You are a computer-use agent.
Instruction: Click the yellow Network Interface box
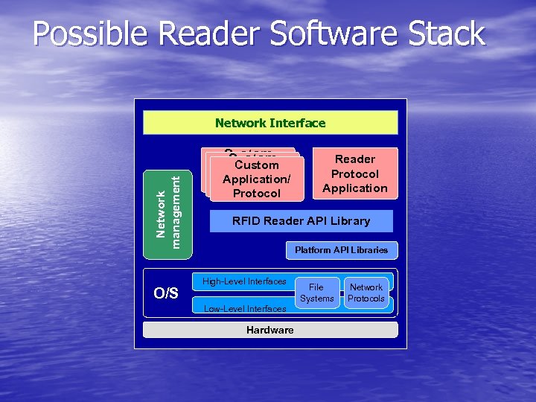[x=270, y=123]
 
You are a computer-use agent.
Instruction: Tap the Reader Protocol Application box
[x=355, y=173]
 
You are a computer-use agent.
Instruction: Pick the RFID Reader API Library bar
[x=301, y=221]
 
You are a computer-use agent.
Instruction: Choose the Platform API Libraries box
[x=341, y=250]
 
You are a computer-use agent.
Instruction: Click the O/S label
[x=165, y=293]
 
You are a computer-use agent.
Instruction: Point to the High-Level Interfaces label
[x=244, y=281]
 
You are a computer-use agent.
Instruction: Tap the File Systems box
[x=316, y=293]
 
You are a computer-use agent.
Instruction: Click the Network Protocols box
[x=366, y=293]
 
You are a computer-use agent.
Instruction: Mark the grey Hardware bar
[x=270, y=330]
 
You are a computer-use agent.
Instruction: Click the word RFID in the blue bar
[x=248, y=221]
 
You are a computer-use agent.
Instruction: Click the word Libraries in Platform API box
[x=370, y=250]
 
